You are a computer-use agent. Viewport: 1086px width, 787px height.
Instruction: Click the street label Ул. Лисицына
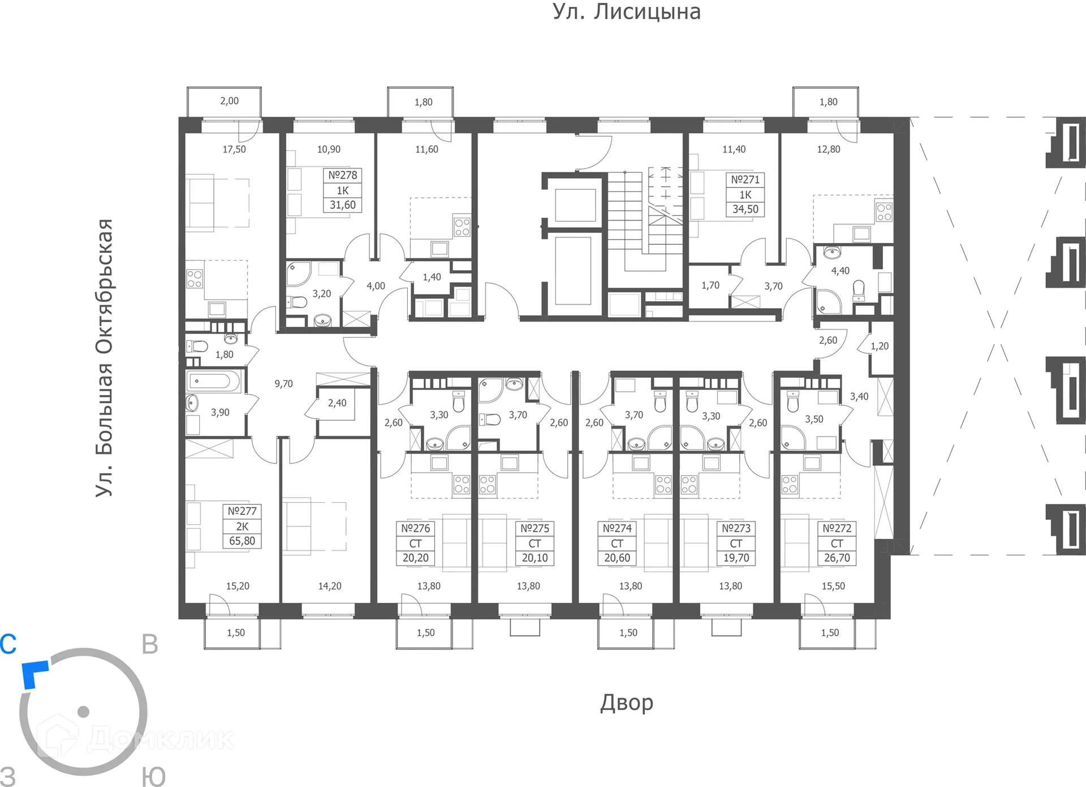(x=626, y=12)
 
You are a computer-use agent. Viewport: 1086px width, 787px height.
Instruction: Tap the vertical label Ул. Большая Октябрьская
(x=105, y=358)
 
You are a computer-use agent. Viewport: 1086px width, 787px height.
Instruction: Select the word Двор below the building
(x=626, y=702)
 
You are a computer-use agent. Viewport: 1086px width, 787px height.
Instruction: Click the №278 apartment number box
(x=342, y=175)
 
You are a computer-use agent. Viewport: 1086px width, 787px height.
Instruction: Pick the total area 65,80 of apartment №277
(x=242, y=541)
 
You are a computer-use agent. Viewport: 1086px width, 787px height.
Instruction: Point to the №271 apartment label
(x=745, y=180)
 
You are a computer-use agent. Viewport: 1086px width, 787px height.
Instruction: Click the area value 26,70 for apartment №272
(x=837, y=558)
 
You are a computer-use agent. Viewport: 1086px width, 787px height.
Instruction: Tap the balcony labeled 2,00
(x=229, y=101)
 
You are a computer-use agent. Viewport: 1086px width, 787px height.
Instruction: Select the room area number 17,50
(x=234, y=149)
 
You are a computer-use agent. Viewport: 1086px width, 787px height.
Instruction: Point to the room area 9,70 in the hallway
(x=283, y=384)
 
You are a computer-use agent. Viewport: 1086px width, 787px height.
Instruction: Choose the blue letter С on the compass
(x=8, y=644)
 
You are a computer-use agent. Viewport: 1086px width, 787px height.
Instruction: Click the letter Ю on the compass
(x=153, y=776)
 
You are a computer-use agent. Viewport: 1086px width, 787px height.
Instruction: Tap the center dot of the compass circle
(x=84, y=711)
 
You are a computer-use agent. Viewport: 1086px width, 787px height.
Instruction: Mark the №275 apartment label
(x=535, y=529)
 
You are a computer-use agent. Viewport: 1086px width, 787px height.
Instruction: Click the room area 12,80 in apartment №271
(x=828, y=149)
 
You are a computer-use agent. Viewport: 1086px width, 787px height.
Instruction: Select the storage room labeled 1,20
(x=879, y=346)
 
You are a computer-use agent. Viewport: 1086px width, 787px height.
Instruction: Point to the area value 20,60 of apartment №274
(x=617, y=558)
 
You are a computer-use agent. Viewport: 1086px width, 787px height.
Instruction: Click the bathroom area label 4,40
(x=840, y=271)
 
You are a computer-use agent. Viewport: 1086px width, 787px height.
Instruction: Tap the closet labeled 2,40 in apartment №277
(x=337, y=403)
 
